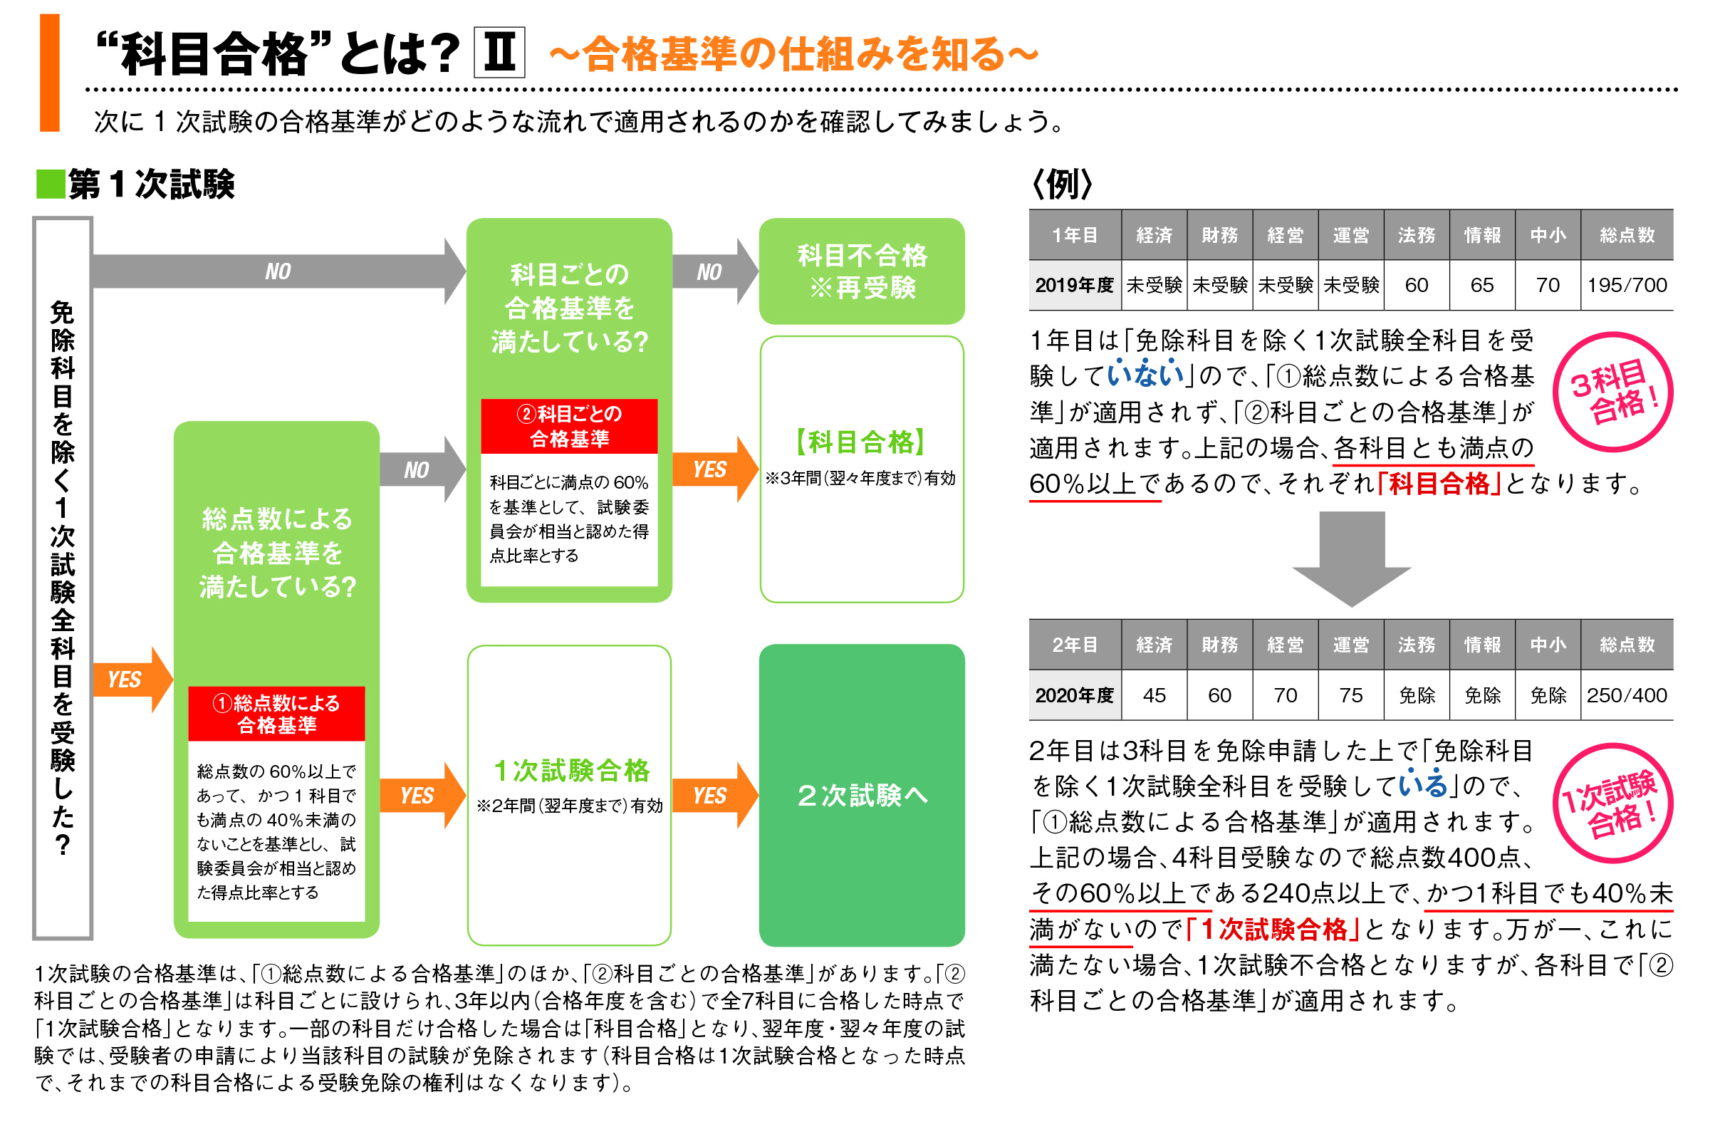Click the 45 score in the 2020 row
tap(1153, 695)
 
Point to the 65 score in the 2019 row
tap(1481, 285)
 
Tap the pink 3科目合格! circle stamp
tap(1612, 392)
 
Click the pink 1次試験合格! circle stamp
tap(1612, 802)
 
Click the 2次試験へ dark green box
tap(861, 795)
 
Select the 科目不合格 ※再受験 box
tap(861, 271)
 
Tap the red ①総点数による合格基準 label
tap(276, 712)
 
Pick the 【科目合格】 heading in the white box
tap(861, 442)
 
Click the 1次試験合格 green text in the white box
tap(571, 770)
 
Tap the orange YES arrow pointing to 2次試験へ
tap(712, 795)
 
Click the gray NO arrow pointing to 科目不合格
tap(712, 271)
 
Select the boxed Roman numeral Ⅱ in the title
tap(499, 52)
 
